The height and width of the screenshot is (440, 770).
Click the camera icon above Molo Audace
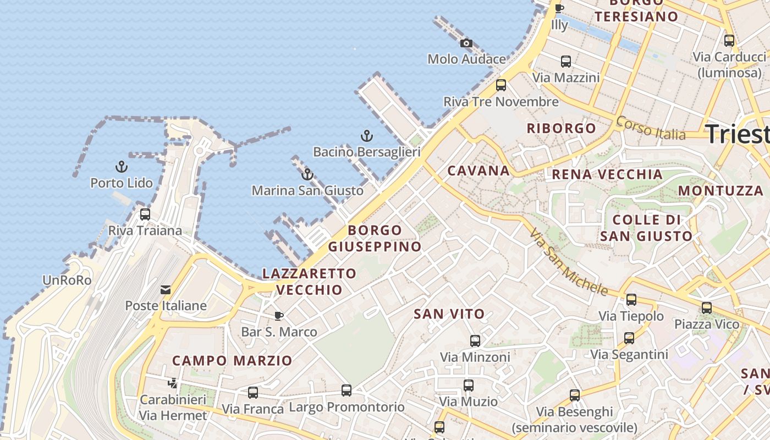466,43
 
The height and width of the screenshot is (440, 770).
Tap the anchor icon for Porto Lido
121,167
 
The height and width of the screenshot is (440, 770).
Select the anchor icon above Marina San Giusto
307,175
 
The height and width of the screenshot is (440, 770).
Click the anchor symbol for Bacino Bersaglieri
366,135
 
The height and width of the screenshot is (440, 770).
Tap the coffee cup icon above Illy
559,9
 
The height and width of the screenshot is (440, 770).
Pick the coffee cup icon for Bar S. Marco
279,316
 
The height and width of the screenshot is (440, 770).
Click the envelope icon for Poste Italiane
166,290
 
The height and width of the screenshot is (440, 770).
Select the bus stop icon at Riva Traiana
145,215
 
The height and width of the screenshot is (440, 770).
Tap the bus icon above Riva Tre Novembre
501,85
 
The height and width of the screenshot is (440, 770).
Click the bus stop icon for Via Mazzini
566,62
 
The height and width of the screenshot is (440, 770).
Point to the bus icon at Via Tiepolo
631,300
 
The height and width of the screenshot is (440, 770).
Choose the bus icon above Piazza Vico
707,308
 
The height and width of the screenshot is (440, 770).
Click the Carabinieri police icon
173,383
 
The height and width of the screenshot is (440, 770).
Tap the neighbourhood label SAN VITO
449,314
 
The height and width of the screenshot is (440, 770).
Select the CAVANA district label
479,170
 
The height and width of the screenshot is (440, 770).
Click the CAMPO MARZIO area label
232,361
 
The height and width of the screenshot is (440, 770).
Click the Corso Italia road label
651,128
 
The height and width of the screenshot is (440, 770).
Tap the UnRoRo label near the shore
67,280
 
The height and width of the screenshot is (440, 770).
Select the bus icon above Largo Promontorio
346,391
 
